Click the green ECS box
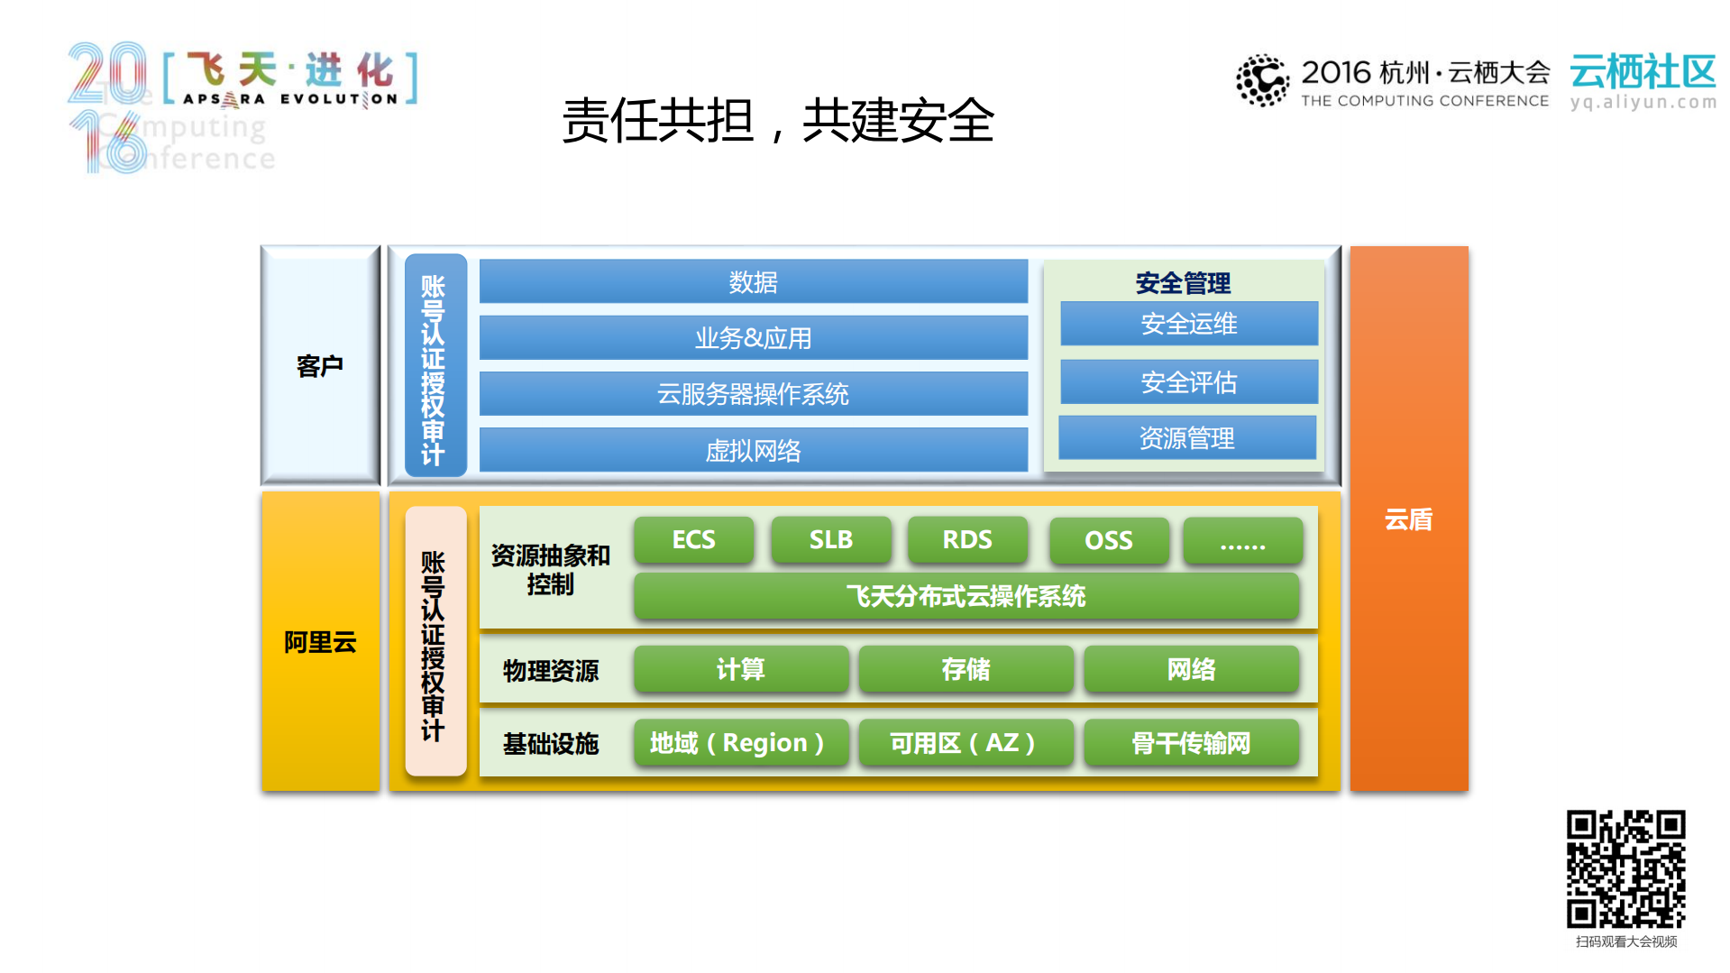[x=693, y=539]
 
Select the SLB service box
[x=830, y=539]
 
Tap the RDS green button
[x=967, y=539]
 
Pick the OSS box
[x=1108, y=540]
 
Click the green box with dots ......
[x=1242, y=540]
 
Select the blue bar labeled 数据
[x=753, y=282]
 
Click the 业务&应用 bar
[x=753, y=338]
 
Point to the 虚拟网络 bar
[x=753, y=450]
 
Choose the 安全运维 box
[x=1188, y=324]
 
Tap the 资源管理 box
[x=1186, y=438]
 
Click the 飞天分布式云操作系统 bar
[x=966, y=596]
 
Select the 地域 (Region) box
[x=740, y=743]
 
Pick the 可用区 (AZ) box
[x=965, y=743]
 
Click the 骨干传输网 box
[x=1190, y=743]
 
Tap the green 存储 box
[x=965, y=669]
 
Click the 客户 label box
[x=320, y=365]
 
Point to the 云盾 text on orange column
[x=1408, y=519]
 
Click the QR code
[x=1625, y=868]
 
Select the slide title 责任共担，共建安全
[x=777, y=121]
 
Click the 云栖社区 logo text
[x=1642, y=72]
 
